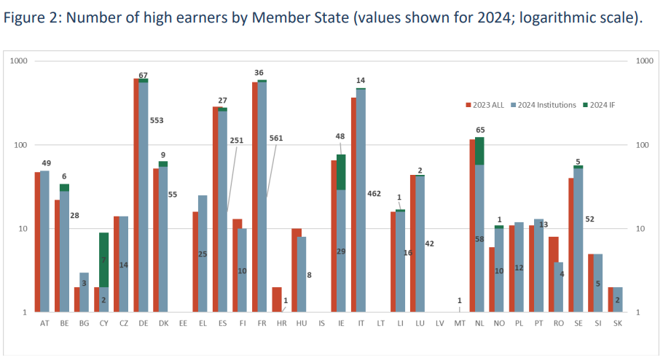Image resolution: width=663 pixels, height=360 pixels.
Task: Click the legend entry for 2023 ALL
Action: pyautogui.click(x=487, y=105)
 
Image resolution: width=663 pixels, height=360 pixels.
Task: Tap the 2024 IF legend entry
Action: pyautogui.click(x=601, y=105)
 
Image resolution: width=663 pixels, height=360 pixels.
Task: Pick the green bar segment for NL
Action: pyautogui.click(x=479, y=151)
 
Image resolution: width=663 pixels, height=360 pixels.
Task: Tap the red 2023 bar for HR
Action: pyautogui.click(x=277, y=300)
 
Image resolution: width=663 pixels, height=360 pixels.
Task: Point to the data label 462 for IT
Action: pyautogui.click(x=374, y=195)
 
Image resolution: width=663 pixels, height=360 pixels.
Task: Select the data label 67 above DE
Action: pyautogui.click(x=144, y=75)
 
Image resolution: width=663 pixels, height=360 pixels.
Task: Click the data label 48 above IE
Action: pyautogui.click(x=340, y=136)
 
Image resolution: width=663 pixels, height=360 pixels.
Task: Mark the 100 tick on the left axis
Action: pyautogui.click(x=20, y=145)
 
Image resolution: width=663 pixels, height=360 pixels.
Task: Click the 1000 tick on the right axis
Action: pyautogui.click(x=644, y=61)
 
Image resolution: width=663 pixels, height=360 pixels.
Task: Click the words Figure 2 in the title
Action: pyautogui.click(x=32, y=18)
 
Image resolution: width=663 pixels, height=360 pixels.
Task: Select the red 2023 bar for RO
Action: pyautogui.click(x=553, y=274)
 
